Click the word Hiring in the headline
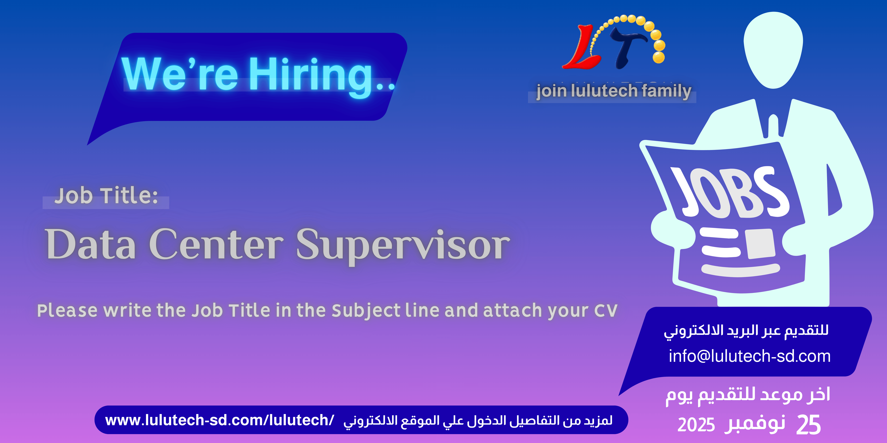pyautogui.click(x=312, y=74)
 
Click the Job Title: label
pyautogui.click(x=106, y=196)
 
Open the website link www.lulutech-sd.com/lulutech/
pyautogui.click(x=219, y=420)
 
